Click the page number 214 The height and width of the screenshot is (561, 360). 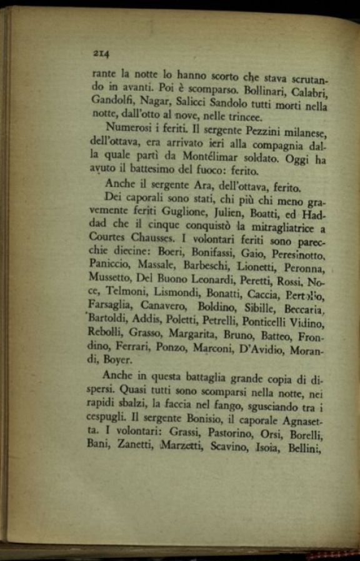[x=101, y=53]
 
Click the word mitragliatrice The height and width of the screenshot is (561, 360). [x=281, y=229]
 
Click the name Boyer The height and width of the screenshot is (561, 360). [x=118, y=360]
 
